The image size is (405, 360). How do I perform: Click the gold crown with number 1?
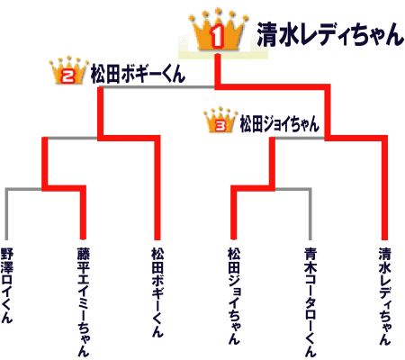(x=218, y=31)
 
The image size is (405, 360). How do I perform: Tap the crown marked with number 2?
(x=69, y=70)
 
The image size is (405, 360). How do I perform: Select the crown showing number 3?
(x=220, y=120)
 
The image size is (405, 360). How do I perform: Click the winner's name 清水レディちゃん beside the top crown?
(x=330, y=34)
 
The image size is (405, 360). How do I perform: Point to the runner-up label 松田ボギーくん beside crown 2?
(x=138, y=74)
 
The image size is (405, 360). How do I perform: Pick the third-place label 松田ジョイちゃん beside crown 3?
(x=279, y=124)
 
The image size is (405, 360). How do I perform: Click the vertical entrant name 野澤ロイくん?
(x=6, y=285)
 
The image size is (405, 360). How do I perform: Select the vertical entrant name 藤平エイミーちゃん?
(x=84, y=301)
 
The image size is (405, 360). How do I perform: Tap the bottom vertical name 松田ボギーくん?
(x=157, y=292)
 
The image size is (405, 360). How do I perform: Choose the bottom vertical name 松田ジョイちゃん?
(x=234, y=295)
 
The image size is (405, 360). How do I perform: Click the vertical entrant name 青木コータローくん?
(x=310, y=301)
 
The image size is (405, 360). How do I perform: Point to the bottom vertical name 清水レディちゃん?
(x=385, y=296)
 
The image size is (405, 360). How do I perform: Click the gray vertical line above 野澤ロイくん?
(x=6, y=214)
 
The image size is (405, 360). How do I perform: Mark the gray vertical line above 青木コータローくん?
(x=310, y=214)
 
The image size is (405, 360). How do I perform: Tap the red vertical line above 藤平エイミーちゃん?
(x=83, y=212)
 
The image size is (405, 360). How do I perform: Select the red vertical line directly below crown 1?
(x=218, y=71)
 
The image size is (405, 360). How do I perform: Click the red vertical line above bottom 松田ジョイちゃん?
(x=234, y=212)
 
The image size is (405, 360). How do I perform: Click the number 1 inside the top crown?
(x=217, y=37)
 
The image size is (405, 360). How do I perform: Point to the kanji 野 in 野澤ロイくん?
(x=6, y=254)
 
